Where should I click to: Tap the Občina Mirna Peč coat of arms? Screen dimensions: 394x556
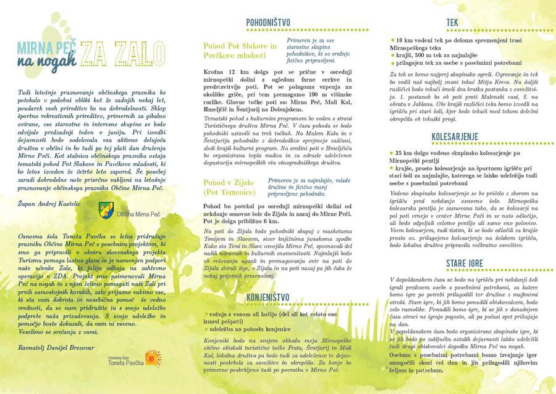105,212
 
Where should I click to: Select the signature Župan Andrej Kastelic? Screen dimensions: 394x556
48,202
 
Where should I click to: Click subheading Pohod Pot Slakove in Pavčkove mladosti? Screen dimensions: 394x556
240,51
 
